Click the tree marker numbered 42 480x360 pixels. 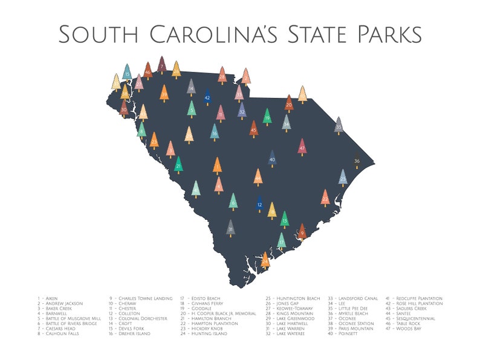(207, 96)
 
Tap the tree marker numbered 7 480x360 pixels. (161, 65)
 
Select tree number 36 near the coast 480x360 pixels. (357, 161)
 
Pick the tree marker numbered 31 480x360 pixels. (230, 228)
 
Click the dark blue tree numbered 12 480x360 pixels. (259, 204)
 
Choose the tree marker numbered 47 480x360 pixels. (302, 147)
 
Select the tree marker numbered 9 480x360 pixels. (302, 231)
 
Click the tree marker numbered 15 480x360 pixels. (127, 72)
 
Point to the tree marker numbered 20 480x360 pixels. (289, 103)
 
